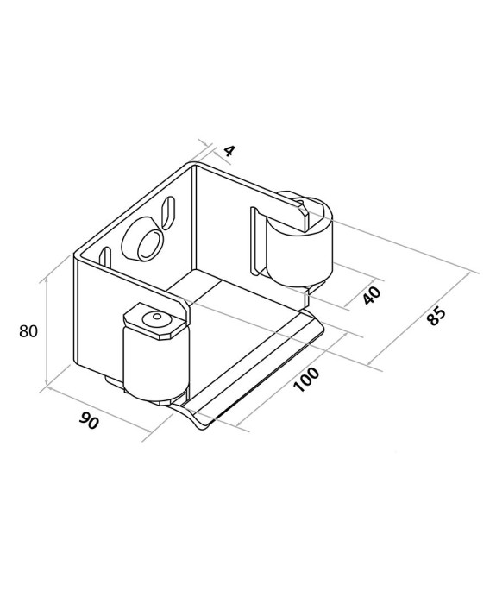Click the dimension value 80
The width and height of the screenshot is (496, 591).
[x=28, y=331]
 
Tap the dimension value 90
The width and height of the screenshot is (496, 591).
[x=90, y=420]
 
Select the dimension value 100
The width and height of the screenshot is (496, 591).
[x=306, y=380]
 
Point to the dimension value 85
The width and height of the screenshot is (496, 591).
[x=436, y=316]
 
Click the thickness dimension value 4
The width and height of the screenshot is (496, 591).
[x=229, y=151]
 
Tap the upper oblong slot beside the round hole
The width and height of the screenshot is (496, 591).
[x=168, y=212]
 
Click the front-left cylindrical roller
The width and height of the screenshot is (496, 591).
[x=155, y=362]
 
